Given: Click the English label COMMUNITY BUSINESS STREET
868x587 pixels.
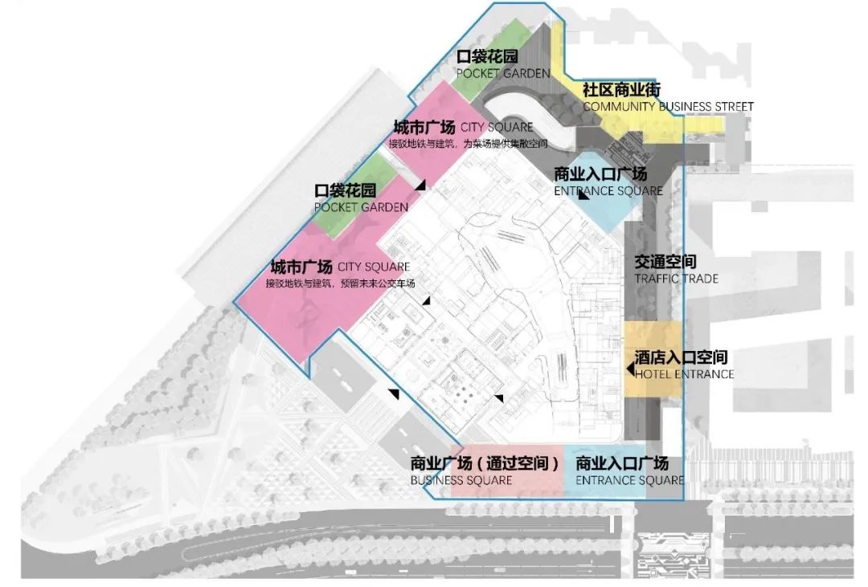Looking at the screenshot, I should [668, 106].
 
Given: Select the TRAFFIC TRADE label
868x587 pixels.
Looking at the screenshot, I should [676, 279].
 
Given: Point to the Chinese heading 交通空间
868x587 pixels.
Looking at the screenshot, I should [665, 263].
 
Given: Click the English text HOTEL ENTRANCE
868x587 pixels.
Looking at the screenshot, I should [684, 374].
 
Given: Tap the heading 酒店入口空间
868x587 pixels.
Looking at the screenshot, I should [681, 357].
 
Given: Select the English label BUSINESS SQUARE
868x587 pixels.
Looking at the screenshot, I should [461, 480].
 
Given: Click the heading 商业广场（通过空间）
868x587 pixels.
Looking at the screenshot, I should [485, 463].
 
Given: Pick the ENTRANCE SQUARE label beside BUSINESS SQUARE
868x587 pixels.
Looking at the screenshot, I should [629, 480].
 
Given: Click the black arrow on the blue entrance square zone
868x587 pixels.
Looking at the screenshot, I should [583, 195].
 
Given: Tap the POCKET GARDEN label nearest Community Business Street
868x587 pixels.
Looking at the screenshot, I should [503, 73].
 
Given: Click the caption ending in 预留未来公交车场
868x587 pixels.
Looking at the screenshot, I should [340, 283].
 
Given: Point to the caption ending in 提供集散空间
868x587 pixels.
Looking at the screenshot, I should [468, 144].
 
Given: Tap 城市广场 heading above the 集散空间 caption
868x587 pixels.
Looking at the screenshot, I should [421, 127].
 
